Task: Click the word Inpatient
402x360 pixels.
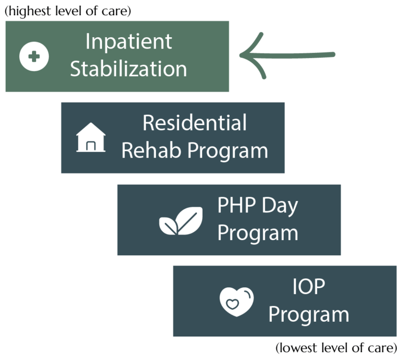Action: click(x=128, y=42)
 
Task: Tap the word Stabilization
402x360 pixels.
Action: click(x=128, y=69)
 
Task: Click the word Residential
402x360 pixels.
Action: click(x=194, y=123)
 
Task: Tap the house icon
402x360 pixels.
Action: click(x=91, y=138)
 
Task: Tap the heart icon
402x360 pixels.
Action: click(x=237, y=302)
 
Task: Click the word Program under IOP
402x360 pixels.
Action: click(x=308, y=315)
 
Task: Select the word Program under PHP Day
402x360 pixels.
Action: click(x=258, y=233)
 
